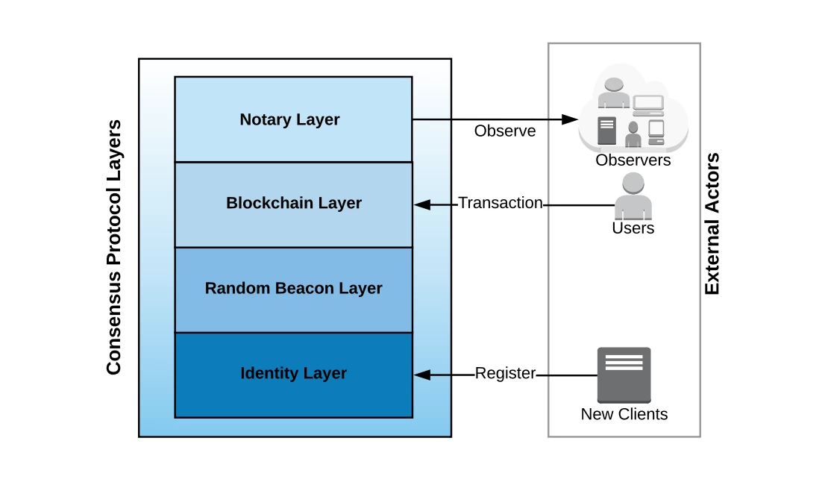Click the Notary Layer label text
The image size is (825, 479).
pyautogui.click(x=289, y=119)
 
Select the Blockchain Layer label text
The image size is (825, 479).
pyautogui.click(x=294, y=203)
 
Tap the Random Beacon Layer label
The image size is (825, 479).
pyautogui.click(x=293, y=288)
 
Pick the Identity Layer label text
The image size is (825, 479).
pyautogui.click(x=293, y=373)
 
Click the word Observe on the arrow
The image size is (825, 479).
pyautogui.click(x=505, y=131)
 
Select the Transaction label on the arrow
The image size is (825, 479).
pyautogui.click(x=500, y=203)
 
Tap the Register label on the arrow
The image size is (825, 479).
pyautogui.click(x=505, y=374)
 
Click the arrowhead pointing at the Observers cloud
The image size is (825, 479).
pyautogui.click(x=571, y=119)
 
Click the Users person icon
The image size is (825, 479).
pyautogui.click(x=633, y=195)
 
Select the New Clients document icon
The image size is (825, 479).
pyautogui.click(x=624, y=375)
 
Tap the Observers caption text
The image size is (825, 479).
pyautogui.click(x=633, y=160)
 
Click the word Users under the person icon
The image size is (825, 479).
pyautogui.click(x=633, y=228)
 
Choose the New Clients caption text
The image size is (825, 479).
pyautogui.click(x=624, y=414)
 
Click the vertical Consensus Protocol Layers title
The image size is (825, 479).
pyautogui.click(x=113, y=247)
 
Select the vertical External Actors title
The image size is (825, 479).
pyautogui.click(x=712, y=224)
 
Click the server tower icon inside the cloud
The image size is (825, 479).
pyautogui.click(x=606, y=131)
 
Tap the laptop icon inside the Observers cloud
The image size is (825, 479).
pyautogui.click(x=647, y=104)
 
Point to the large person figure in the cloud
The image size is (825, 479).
pyautogui.click(x=614, y=94)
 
